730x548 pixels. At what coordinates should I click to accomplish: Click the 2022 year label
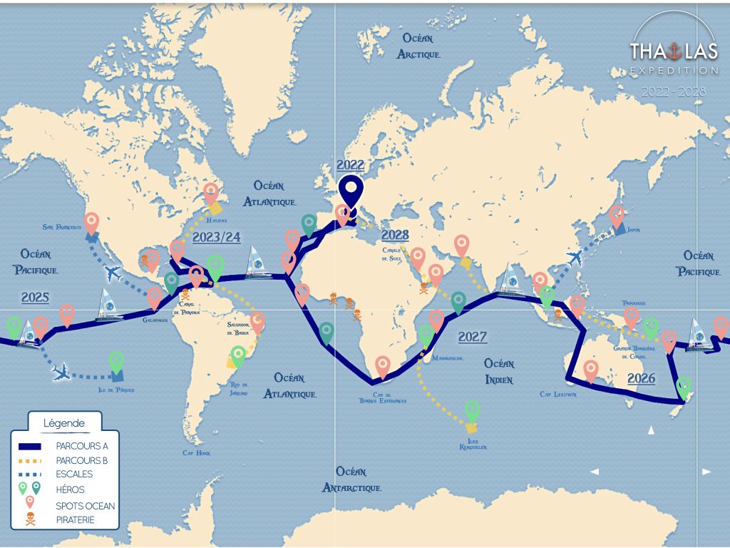click(351, 166)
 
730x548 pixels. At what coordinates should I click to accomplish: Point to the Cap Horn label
click(197, 453)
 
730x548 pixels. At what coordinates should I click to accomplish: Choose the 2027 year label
click(473, 337)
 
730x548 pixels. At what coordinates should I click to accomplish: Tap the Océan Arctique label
click(421, 45)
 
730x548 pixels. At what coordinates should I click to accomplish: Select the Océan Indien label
click(498, 371)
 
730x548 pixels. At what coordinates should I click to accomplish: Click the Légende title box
click(64, 423)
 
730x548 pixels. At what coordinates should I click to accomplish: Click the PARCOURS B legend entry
click(81, 460)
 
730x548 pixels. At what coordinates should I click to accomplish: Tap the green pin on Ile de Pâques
click(116, 361)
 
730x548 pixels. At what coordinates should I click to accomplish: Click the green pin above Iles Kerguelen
click(472, 410)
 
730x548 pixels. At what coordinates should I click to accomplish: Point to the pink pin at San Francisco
click(91, 223)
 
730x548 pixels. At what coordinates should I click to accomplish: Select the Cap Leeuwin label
click(558, 394)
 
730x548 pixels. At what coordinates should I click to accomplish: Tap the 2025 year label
click(35, 297)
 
